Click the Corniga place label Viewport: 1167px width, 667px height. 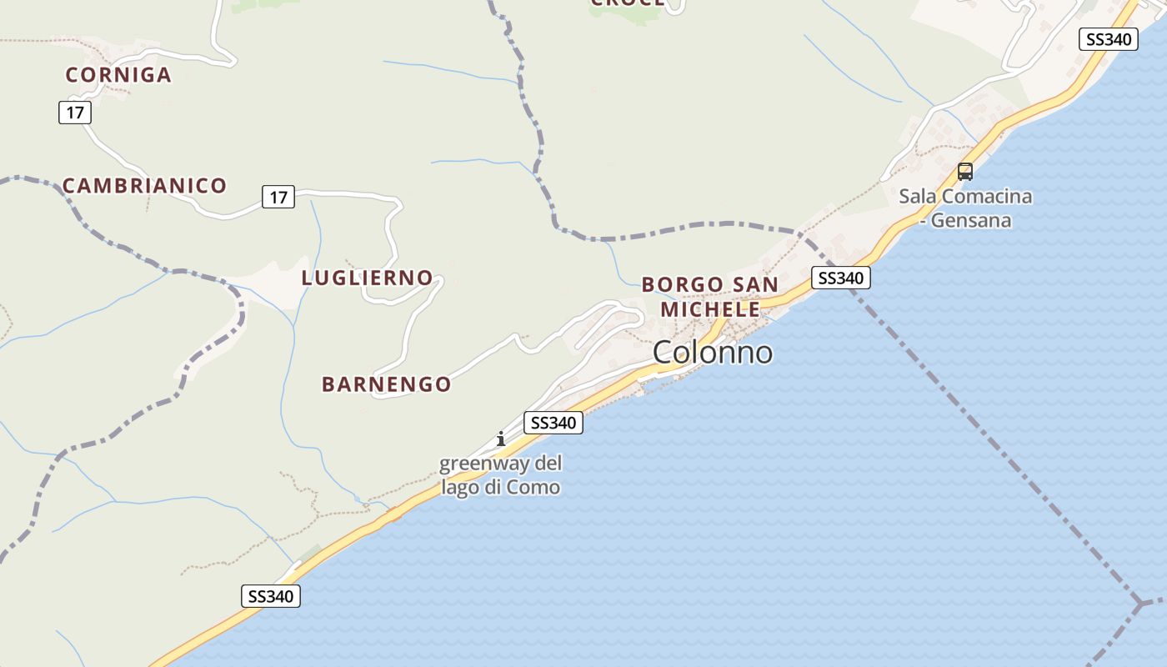click(x=118, y=75)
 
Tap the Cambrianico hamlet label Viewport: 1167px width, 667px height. click(x=144, y=186)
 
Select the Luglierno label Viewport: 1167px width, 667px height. click(x=367, y=278)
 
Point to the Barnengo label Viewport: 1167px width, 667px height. click(x=386, y=384)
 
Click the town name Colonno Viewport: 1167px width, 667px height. click(x=713, y=353)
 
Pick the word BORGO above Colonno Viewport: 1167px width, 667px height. click(x=683, y=285)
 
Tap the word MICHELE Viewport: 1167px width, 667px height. click(x=710, y=309)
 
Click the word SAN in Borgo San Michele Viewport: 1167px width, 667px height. click(x=755, y=285)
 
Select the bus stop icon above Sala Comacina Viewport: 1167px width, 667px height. click(x=965, y=172)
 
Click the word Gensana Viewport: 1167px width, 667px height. click(x=971, y=221)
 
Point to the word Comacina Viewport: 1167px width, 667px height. click(x=989, y=197)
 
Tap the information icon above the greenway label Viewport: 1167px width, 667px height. click(x=500, y=439)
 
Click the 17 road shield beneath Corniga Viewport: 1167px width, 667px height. click(x=75, y=112)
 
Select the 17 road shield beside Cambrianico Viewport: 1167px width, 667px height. click(x=278, y=197)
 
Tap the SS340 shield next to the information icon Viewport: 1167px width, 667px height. click(x=553, y=423)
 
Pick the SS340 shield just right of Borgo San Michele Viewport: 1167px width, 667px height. click(x=840, y=278)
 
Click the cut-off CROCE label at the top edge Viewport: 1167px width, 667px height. click(x=628, y=3)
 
